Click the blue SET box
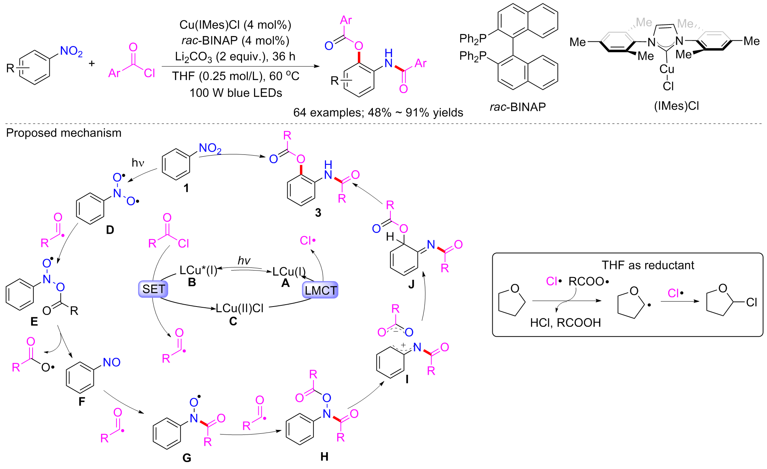tap(153, 289)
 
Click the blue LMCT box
tap(320, 290)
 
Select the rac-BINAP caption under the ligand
tap(518, 107)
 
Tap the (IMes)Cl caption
tap(676, 106)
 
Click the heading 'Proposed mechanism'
tap(64, 133)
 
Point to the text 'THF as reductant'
tap(648, 265)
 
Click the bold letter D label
tap(110, 230)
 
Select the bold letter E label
tap(34, 321)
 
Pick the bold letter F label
tap(82, 402)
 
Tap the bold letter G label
tap(187, 458)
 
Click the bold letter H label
tap(324, 456)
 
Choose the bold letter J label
tap(411, 284)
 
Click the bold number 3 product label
tap(318, 213)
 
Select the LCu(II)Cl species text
tap(239, 308)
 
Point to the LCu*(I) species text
tap(198, 271)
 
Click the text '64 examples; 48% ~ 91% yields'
tap(378, 112)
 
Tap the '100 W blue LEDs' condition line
tap(236, 93)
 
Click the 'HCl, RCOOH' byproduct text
tap(565, 323)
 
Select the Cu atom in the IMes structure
tap(667, 69)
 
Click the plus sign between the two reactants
tap(92, 63)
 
